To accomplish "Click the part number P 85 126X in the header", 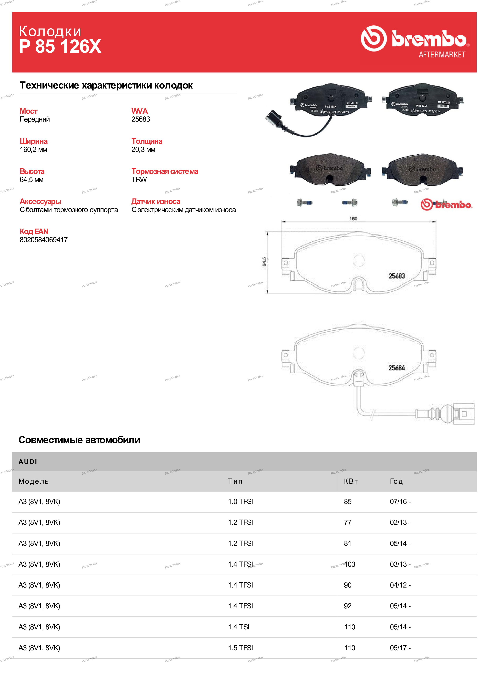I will (60, 47).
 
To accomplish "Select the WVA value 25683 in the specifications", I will (141, 119).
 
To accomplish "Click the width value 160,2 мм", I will (33, 149).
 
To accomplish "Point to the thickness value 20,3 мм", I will (143, 149).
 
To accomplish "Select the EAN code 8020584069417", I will (44, 240).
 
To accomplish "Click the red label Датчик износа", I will (156, 202).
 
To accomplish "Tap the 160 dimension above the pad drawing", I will (353, 219).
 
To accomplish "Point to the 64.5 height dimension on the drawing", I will (264, 262).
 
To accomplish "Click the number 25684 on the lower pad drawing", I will (397, 368).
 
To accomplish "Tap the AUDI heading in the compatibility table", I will (28, 462).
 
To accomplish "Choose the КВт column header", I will (351, 481).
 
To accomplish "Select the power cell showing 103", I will (350, 564).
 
